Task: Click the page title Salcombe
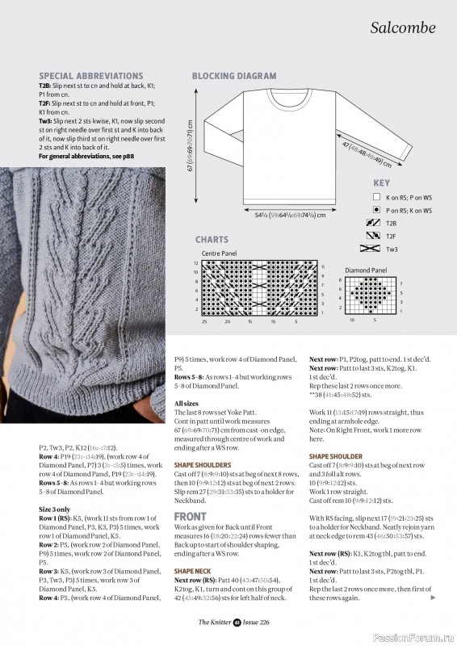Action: pos(403,27)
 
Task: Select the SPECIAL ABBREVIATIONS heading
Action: pos(90,76)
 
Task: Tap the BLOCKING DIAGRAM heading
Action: pos(234,76)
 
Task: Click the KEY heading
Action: pos(381,183)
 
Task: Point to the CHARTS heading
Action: pos(212,240)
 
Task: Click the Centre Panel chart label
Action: pos(220,253)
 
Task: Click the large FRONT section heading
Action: pos(191,516)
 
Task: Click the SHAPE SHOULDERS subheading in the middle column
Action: pos(203,465)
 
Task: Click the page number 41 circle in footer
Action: pos(237,622)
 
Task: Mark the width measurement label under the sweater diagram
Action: pos(279,216)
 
